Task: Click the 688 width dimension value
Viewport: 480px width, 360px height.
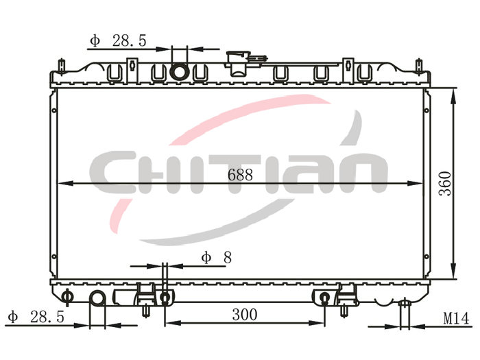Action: click(240, 175)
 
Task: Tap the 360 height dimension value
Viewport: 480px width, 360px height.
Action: click(445, 184)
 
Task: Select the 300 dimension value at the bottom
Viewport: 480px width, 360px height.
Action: click(245, 315)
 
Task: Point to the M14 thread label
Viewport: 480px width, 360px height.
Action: click(456, 319)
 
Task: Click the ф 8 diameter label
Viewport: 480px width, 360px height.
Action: click(217, 257)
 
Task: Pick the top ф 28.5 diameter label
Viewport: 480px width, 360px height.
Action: click(118, 40)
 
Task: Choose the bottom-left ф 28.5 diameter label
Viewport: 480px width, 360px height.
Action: click(36, 317)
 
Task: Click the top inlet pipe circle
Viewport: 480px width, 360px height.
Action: click(179, 73)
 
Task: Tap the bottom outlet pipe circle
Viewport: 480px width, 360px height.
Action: click(97, 298)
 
